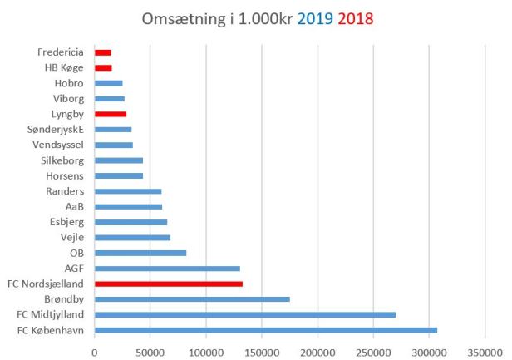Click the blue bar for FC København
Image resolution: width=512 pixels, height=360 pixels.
pyautogui.click(x=266, y=330)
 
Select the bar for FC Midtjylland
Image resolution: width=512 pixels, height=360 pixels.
pyautogui.click(x=245, y=314)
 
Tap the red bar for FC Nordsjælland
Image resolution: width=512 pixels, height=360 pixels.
pyautogui.click(x=169, y=284)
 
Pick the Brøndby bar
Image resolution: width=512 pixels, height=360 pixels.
pyautogui.click(x=192, y=299)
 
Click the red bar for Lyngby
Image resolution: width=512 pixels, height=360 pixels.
pyautogui.click(x=111, y=113)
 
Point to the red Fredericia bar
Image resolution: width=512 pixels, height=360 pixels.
pyautogui.click(x=103, y=52)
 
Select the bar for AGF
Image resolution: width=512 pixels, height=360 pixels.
pyautogui.click(x=167, y=268)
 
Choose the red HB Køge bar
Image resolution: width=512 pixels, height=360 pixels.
pyautogui.click(x=103, y=67)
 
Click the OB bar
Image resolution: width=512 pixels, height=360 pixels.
pyautogui.click(x=140, y=253)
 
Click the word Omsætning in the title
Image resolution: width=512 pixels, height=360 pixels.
pyautogui.click(x=188, y=17)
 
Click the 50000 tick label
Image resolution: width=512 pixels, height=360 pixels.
pyautogui.click(x=150, y=353)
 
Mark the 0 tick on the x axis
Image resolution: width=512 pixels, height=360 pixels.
pyautogui.click(x=95, y=353)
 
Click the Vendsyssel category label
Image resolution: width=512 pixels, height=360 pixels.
pyautogui.click(x=59, y=145)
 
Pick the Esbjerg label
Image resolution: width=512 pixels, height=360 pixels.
pyautogui.click(x=66, y=222)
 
